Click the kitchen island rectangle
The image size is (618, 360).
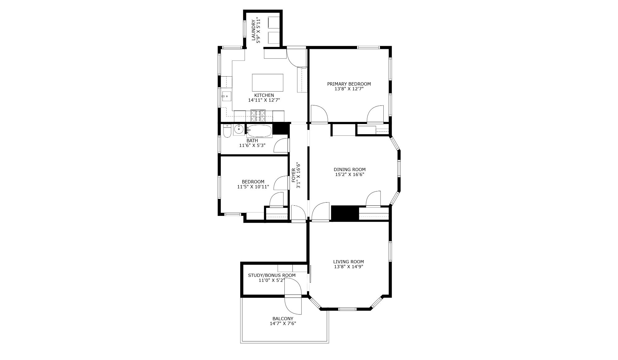tap(267, 82)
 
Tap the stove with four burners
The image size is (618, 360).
tap(258, 116)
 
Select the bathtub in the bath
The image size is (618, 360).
tap(259, 131)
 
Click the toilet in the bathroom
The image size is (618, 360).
tap(227, 131)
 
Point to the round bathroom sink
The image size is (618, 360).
tap(239, 130)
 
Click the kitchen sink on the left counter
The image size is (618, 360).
tap(226, 96)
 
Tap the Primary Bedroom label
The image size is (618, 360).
tap(349, 84)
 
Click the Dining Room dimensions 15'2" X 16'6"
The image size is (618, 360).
tap(349, 174)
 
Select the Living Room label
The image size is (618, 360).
tap(348, 262)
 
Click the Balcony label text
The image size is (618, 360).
tap(283, 319)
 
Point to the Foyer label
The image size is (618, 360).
tap(294, 175)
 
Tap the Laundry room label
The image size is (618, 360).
tap(254, 30)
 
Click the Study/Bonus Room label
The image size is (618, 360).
tap(272, 275)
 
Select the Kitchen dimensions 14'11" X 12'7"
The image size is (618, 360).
tap(264, 100)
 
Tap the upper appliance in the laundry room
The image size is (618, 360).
tap(273, 23)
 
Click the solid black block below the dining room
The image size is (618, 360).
tap(345, 213)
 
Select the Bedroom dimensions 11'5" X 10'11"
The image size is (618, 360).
tap(253, 187)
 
